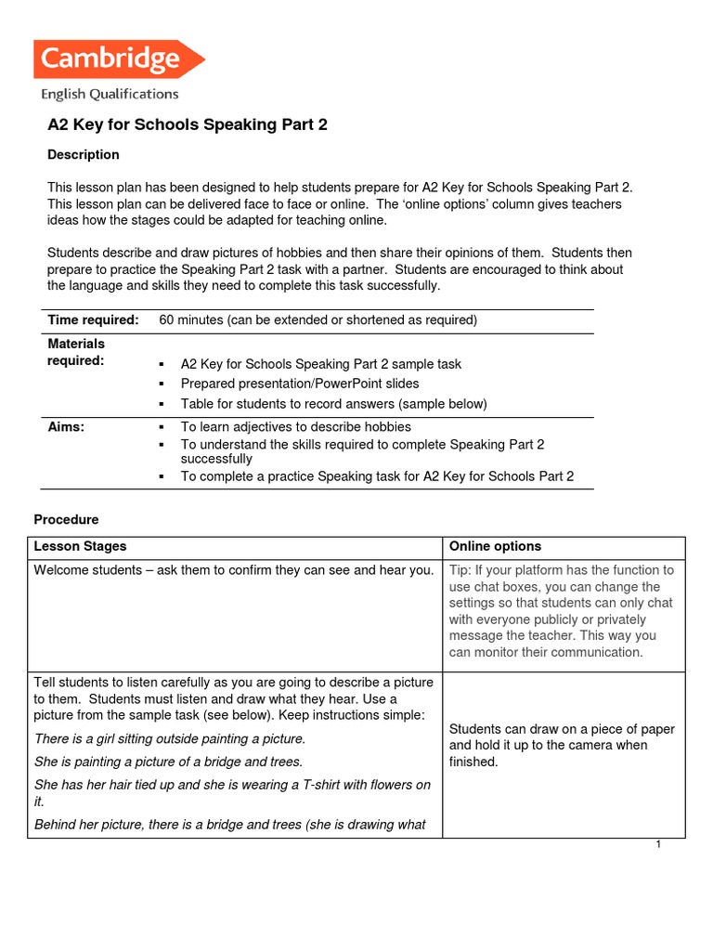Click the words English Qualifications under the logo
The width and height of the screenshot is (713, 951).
tap(110, 94)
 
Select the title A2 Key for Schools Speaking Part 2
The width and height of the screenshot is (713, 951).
tap(188, 124)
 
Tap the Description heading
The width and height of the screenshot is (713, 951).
tap(84, 154)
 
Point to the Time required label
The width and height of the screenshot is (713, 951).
tap(93, 320)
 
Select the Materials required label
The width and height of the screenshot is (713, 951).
tap(76, 352)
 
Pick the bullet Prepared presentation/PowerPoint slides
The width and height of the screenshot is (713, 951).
tap(300, 384)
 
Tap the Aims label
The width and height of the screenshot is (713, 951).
tap(66, 427)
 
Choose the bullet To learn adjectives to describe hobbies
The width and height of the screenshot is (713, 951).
tap(295, 427)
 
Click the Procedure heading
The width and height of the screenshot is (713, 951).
tap(66, 519)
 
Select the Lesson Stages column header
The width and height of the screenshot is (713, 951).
tap(80, 546)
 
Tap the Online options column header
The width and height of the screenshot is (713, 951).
tap(495, 546)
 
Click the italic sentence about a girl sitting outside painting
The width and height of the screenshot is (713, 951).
tap(169, 739)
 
